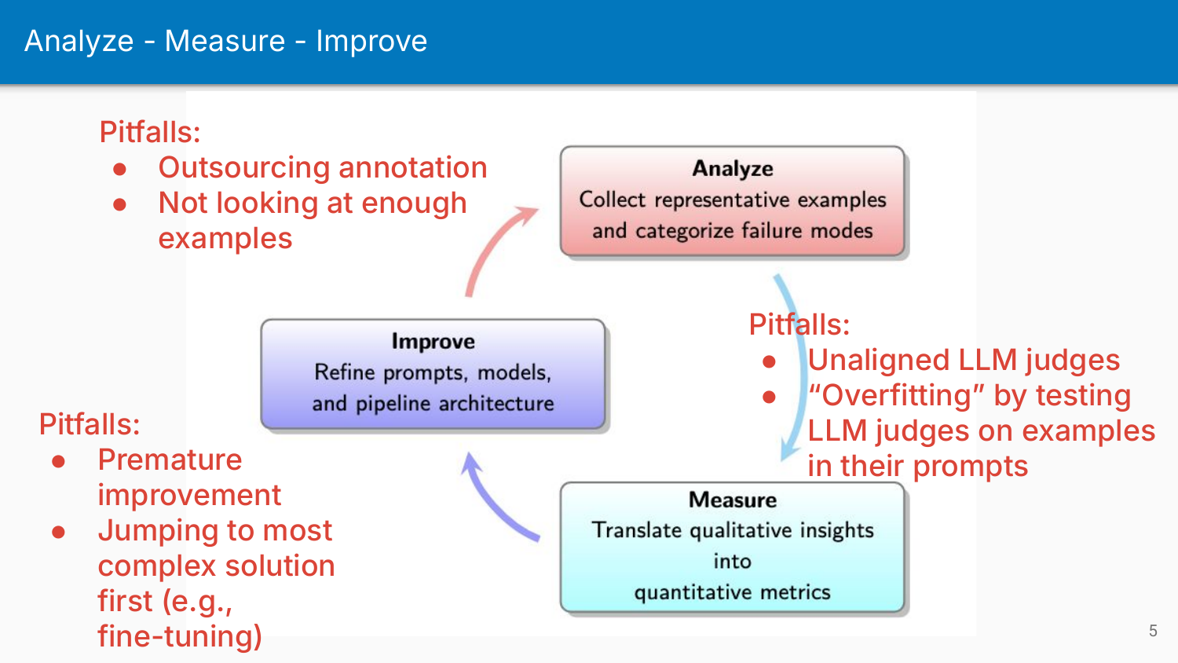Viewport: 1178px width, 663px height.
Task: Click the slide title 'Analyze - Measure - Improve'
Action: click(225, 41)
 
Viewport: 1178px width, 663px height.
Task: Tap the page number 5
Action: click(1153, 631)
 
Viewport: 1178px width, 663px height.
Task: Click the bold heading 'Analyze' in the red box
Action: click(732, 169)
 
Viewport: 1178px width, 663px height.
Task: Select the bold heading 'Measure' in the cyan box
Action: click(732, 500)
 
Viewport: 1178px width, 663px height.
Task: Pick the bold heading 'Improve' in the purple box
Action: click(433, 342)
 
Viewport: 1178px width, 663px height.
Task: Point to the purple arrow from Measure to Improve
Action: click(495, 503)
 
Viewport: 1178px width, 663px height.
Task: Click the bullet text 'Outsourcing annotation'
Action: click(322, 167)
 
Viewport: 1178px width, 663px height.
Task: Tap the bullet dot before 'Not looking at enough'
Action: click(120, 204)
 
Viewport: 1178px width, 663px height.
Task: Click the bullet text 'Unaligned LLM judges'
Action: click(963, 360)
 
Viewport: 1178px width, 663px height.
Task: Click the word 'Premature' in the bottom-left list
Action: click(170, 460)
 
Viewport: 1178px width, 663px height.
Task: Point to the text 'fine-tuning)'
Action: click(180, 636)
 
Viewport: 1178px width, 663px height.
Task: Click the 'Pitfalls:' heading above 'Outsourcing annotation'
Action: click(149, 132)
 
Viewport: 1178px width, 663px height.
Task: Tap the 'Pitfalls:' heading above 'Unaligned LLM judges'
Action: click(799, 324)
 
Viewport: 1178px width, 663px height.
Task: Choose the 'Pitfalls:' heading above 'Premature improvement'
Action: click(90, 424)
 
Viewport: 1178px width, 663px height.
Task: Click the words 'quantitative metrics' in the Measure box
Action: click(732, 592)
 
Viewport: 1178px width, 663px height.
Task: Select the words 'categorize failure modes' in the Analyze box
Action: click(754, 231)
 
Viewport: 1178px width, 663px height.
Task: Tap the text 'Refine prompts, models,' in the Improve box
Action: click(433, 372)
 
